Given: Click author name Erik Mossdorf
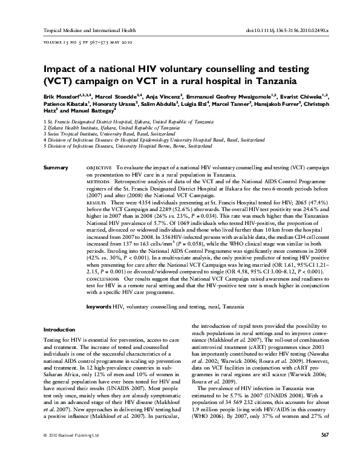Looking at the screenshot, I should [x=64, y=96].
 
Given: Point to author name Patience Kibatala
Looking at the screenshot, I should [x=65, y=104].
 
